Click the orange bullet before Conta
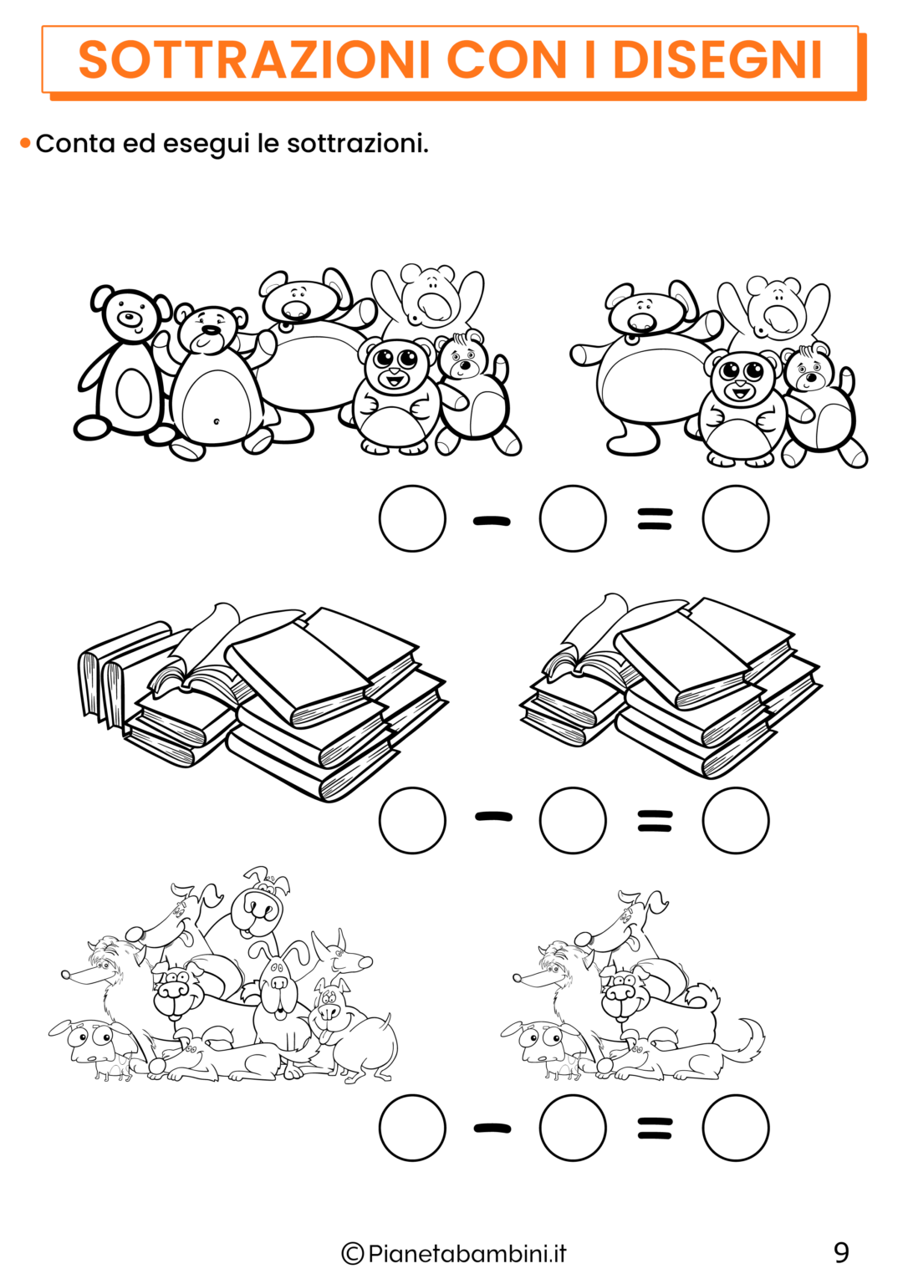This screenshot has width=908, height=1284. click(25, 144)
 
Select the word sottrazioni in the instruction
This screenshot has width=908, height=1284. click(357, 144)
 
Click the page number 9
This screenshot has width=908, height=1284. click(841, 1252)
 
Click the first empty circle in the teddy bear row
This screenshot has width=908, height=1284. click(412, 519)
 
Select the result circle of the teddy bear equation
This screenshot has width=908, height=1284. click(735, 519)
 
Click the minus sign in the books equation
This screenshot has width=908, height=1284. click(493, 817)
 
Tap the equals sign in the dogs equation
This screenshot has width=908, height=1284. click(655, 1129)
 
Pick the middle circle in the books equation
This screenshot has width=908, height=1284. click(573, 821)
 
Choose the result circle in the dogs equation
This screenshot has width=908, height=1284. click(735, 1129)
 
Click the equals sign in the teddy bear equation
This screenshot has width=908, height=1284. click(655, 520)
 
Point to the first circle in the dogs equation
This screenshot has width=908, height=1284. click(412, 1129)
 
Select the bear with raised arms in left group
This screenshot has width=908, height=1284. click(428, 297)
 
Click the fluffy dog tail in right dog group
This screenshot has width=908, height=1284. click(747, 1041)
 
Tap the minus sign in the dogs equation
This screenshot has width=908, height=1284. click(492, 1129)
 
